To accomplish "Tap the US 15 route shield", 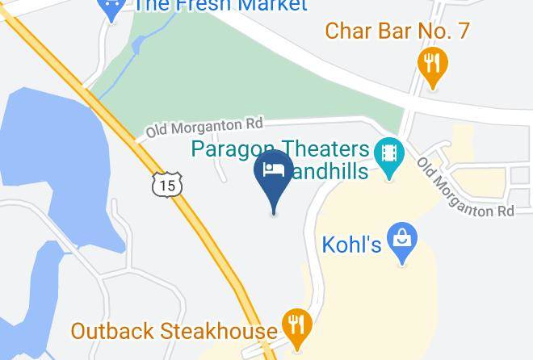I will point(166,184).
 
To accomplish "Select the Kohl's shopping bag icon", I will point(402,240).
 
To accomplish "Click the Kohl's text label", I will point(351,244).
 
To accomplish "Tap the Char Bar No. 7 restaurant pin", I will point(433,64).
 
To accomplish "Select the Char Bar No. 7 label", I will point(397,31).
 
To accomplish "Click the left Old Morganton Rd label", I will point(204,126).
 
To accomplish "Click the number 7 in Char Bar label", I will point(462,31).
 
